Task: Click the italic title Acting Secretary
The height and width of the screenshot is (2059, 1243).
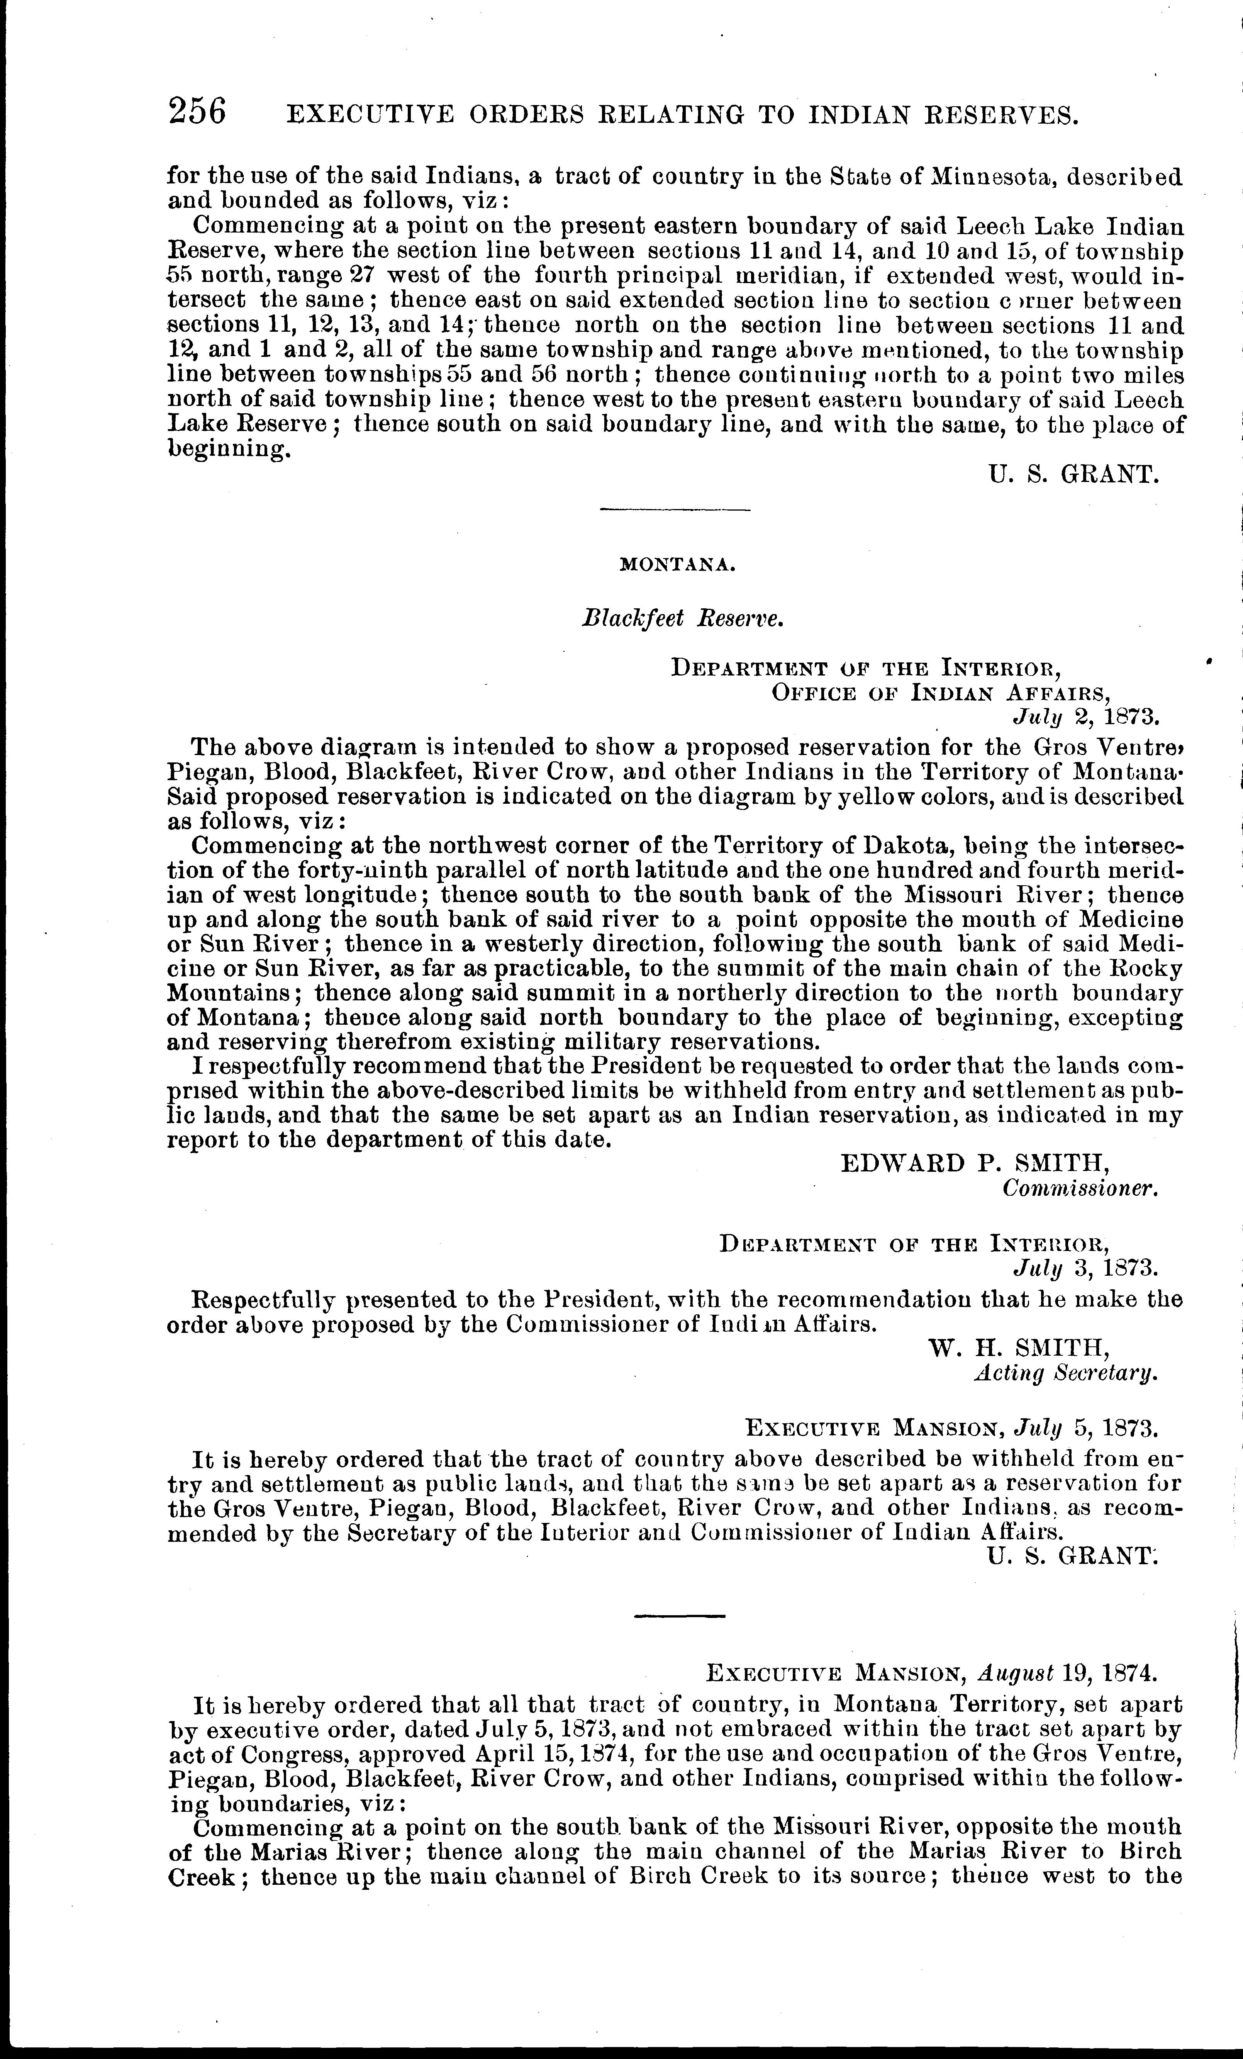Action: click(1066, 1372)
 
